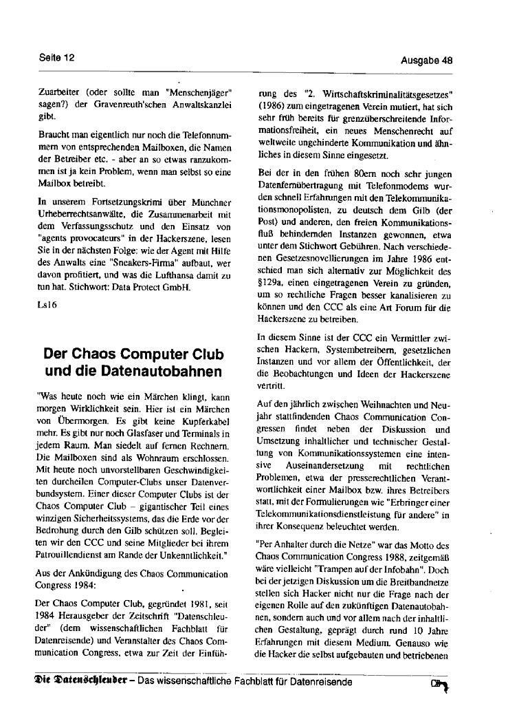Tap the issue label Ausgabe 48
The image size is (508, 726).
pos(426,61)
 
